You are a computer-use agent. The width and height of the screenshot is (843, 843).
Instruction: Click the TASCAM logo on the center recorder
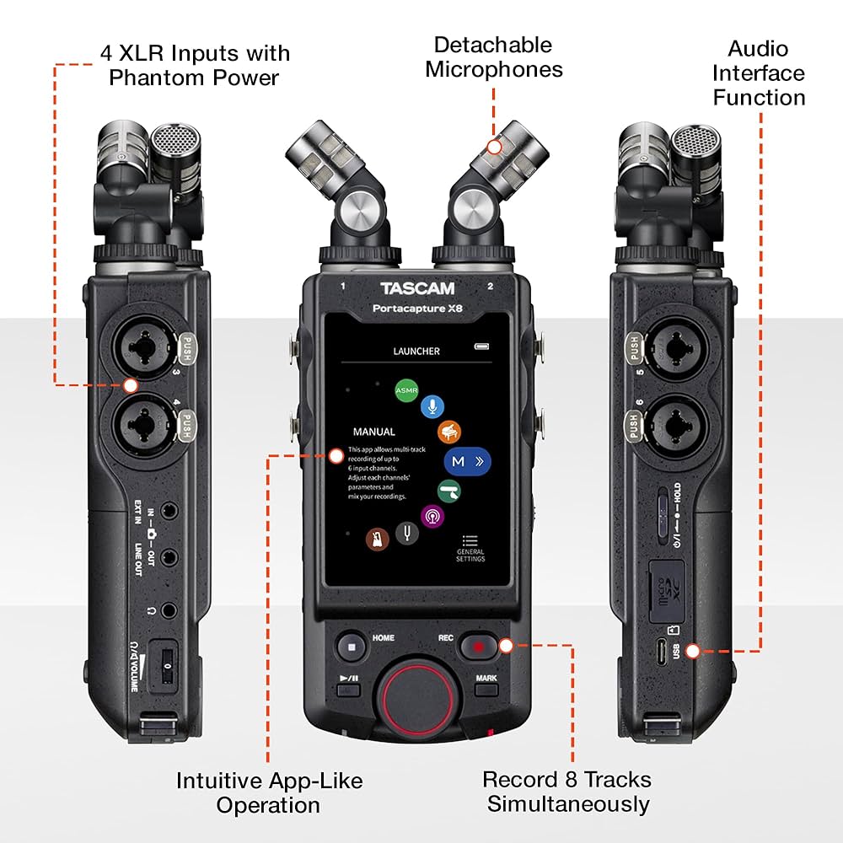click(417, 289)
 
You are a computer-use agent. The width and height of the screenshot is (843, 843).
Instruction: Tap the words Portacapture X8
click(417, 309)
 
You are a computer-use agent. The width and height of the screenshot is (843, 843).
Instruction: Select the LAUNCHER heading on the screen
click(416, 351)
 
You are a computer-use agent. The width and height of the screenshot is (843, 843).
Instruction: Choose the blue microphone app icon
click(432, 406)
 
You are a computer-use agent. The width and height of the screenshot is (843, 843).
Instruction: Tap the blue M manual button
click(467, 462)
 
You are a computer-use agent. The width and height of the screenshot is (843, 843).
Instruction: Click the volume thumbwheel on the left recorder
click(167, 666)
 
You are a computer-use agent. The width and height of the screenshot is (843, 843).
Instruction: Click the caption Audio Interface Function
click(759, 72)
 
